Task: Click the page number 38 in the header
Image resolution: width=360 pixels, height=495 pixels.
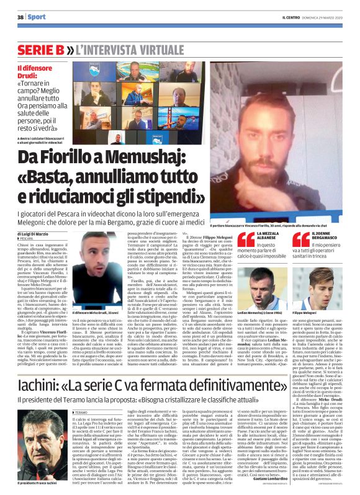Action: coord(19,16)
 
